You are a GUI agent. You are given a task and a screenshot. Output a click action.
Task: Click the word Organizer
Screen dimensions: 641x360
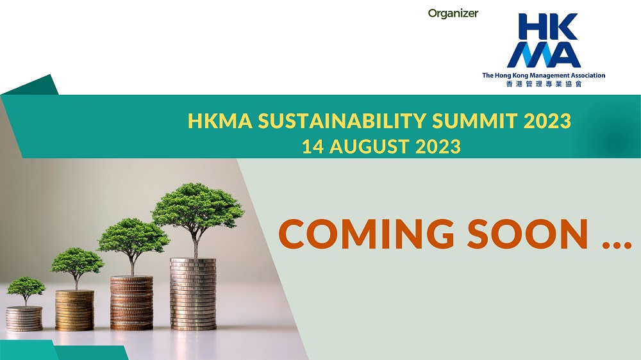[x=453, y=13]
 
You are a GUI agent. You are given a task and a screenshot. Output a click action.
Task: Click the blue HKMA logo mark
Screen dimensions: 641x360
[x=544, y=40]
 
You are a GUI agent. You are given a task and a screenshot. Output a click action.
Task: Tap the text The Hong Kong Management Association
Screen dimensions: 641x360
[x=544, y=75]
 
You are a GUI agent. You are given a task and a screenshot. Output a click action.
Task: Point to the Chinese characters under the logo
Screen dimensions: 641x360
[x=544, y=84]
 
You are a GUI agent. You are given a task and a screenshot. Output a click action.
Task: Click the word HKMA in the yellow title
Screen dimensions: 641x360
[x=220, y=121]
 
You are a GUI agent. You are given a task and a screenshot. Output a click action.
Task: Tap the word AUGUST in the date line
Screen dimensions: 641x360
[x=369, y=147]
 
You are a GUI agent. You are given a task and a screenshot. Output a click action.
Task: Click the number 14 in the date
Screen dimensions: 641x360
[x=313, y=147]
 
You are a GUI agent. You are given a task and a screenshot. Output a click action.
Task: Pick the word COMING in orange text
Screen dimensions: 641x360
[x=366, y=234]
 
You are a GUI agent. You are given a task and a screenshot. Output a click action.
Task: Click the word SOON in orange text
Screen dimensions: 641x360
[x=528, y=234]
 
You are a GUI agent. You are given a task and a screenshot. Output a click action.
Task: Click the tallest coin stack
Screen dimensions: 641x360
[x=193, y=294]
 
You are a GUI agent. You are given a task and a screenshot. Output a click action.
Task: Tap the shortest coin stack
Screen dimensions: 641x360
[x=24, y=318]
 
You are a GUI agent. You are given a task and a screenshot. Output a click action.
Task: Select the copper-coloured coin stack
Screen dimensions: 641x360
[x=131, y=303]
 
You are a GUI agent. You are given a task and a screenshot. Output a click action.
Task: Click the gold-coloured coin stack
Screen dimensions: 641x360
[x=75, y=310]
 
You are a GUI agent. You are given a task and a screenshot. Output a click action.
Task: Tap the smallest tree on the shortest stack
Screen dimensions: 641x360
[x=26, y=290]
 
